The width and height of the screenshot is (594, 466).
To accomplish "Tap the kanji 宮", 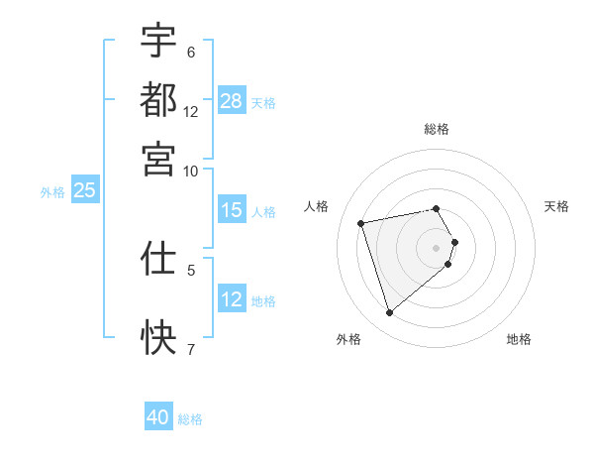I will (x=158, y=159).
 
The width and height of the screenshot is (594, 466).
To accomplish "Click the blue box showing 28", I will (x=232, y=101).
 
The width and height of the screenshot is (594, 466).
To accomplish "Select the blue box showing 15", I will (x=232, y=210).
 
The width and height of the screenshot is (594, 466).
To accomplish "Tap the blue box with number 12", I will (x=232, y=299).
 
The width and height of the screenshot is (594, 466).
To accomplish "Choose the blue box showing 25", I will (x=84, y=190).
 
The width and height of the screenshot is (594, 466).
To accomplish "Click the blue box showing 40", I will (x=158, y=417).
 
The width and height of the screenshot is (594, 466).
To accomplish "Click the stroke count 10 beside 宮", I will (x=191, y=172).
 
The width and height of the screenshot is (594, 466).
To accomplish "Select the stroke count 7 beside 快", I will (x=191, y=349).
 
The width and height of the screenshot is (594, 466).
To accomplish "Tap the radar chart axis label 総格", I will (x=437, y=129).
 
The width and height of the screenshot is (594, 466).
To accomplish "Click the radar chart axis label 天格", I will (x=556, y=206).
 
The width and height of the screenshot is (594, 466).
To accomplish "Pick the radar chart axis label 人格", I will (x=317, y=206).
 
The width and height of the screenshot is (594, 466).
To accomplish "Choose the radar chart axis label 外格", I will (x=347, y=339).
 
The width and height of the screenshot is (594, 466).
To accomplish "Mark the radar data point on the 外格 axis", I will (x=389, y=313).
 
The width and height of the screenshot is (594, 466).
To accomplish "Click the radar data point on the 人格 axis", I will (x=361, y=223).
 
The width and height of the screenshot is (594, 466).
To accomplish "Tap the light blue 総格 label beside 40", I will (x=190, y=419).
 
